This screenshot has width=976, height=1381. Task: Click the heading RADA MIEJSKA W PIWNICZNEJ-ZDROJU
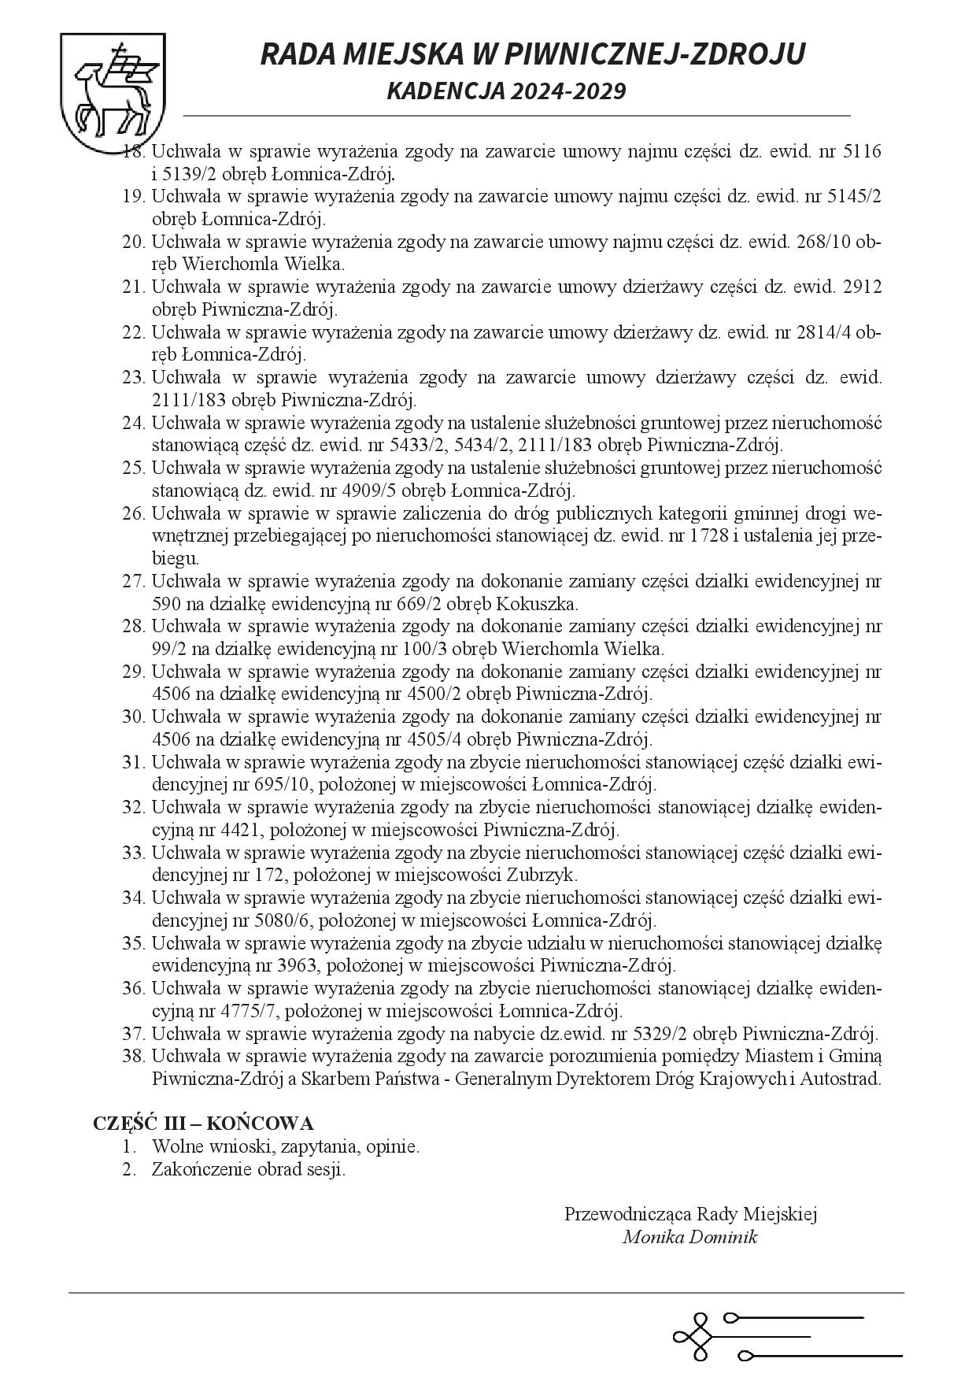tap(532, 54)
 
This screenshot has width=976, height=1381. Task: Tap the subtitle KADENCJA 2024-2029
tap(506, 91)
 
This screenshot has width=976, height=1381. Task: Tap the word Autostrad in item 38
tap(842, 1079)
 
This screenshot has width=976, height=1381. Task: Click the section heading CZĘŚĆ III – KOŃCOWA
tap(203, 1123)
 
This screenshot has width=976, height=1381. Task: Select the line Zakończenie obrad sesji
tap(249, 1169)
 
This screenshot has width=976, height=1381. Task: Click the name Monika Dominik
tap(689, 1237)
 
